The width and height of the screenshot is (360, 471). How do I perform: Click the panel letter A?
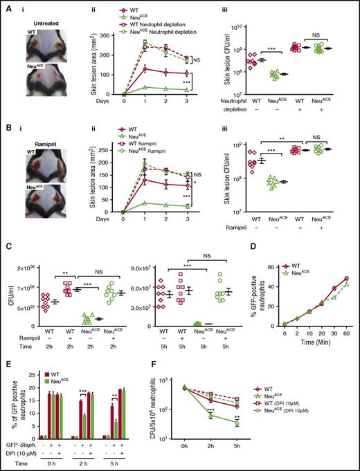[6, 5]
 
